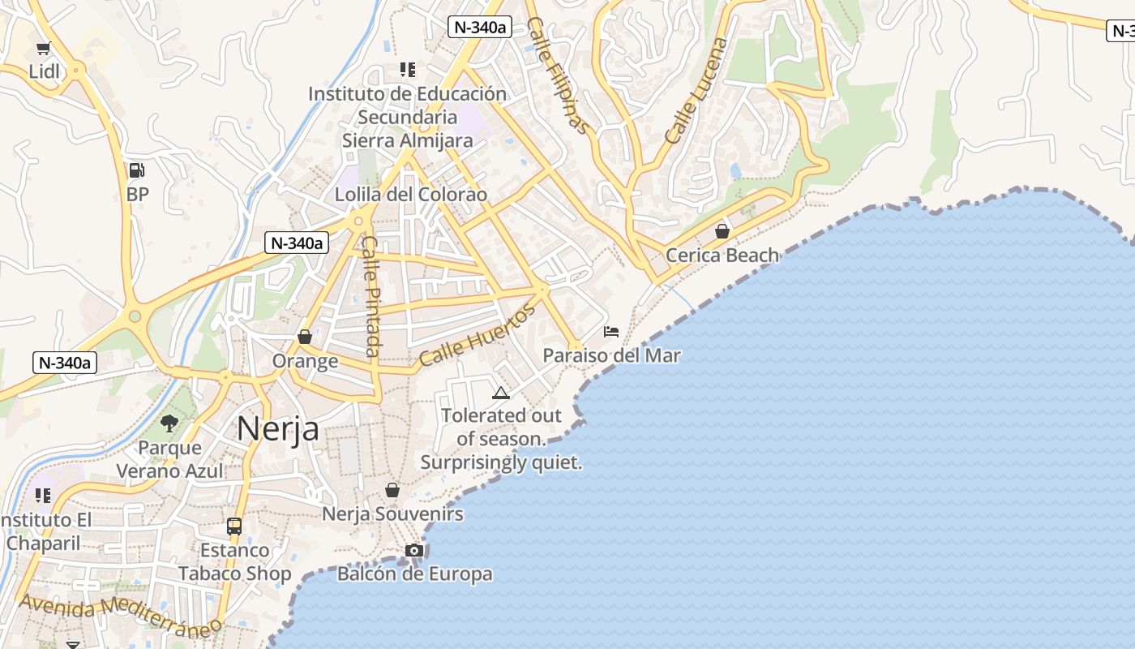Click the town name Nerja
[278, 428]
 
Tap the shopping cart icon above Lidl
[44, 49]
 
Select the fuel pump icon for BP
[137, 170]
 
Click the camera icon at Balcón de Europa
[414, 551]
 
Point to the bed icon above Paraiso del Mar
[611, 332]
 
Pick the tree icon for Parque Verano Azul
[169, 423]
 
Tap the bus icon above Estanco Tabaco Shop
[234, 527]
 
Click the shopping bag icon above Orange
[305, 337]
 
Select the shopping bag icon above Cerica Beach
[722, 231]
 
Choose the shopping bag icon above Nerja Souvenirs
[392, 490]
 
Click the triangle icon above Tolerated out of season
[501, 393]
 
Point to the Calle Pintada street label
[370, 296]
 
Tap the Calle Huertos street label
[478, 335]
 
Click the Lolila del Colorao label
[411, 195]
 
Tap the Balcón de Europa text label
[414, 574]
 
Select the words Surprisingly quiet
[501, 463]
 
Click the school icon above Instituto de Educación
[407, 70]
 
